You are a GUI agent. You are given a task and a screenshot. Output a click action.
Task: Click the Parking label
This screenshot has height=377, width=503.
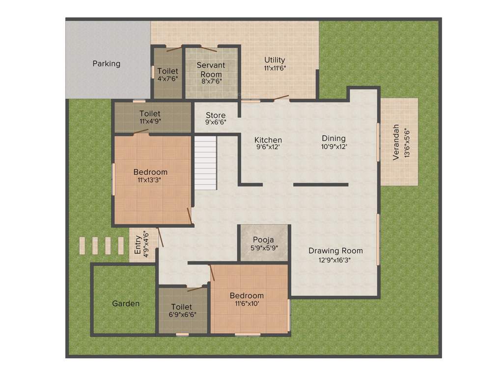[106, 64]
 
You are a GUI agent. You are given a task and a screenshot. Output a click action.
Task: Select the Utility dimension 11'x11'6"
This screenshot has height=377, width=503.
[275, 69]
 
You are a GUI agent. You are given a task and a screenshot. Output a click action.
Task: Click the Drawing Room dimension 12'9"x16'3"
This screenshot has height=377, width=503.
[335, 260]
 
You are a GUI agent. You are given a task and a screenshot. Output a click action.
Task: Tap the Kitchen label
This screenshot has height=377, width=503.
[268, 140]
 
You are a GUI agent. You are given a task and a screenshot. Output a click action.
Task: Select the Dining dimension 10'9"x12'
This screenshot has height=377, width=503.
[334, 147]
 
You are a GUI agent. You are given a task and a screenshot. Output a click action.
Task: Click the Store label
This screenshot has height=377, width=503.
[215, 115]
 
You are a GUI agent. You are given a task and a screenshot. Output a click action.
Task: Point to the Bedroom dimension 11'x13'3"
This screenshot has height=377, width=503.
[150, 180]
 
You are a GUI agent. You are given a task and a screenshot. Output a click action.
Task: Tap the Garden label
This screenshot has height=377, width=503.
[126, 304]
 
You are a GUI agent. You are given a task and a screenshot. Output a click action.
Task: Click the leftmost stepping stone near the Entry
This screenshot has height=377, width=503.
[82, 245]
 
